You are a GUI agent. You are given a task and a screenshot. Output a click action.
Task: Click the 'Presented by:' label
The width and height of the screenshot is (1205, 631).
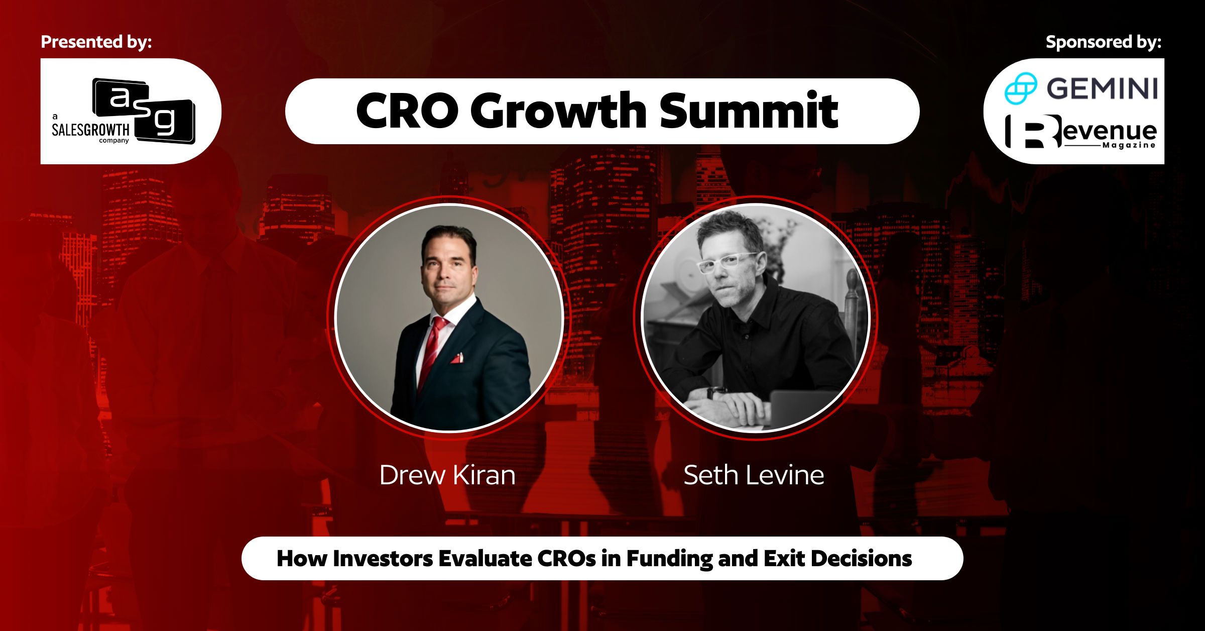pyautogui.click(x=96, y=42)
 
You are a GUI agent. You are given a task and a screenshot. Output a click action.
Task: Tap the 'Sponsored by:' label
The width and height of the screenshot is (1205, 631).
pyautogui.click(x=1104, y=42)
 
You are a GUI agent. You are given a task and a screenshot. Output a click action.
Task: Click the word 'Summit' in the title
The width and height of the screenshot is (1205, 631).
pyautogui.click(x=749, y=111)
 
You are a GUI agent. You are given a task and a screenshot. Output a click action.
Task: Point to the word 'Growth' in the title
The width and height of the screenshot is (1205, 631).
pyautogui.click(x=558, y=111)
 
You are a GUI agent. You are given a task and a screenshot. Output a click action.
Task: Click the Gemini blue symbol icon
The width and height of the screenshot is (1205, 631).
pyautogui.click(x=1020, y=88)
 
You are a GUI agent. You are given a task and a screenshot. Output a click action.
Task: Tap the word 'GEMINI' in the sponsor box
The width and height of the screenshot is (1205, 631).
pyautogui.click(x=1102, y=89)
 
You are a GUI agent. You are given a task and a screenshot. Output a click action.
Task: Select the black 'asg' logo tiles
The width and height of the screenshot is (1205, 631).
pyautogui.click(x=144, y=111)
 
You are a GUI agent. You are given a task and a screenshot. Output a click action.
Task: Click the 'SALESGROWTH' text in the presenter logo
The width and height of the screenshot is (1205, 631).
pyautogui.click(x=90, y=130)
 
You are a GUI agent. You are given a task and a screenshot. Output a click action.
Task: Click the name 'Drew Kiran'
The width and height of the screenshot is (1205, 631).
pyautogui.click(x=447, y=475)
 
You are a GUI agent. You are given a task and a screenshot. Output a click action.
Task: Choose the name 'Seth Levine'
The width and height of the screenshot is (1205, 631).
pyautogui.click(x=754, y=475)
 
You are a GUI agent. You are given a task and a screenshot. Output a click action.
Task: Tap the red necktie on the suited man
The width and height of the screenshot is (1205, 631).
pyautogui.click(x=432, y=352)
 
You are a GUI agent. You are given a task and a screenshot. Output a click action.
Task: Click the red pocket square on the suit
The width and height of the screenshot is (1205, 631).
pyautogui.click(x=456, y=358)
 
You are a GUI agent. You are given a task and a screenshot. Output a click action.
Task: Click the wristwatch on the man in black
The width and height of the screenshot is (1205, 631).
pyautogui.click(x=715, y=392)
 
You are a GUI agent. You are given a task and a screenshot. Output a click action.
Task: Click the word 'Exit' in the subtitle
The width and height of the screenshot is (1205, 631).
pyautogui.click(x=785, y=559)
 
